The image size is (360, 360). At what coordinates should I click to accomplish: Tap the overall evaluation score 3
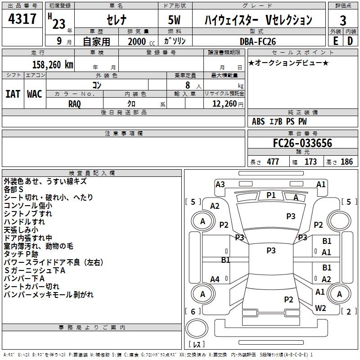click(343, 20)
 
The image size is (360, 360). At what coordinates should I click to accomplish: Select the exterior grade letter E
click(335, 41)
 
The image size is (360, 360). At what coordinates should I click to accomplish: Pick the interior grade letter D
click(350, 41)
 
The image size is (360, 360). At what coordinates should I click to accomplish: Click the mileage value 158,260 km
click(53, 64)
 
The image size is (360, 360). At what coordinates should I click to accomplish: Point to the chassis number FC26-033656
click(302, 143)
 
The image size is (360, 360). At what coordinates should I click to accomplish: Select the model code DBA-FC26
click(258, 41)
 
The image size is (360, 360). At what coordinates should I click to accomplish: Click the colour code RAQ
click(75, 103)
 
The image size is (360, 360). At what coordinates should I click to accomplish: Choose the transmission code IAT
click(13, 94)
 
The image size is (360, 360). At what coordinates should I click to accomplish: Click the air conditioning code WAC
click(35, 94)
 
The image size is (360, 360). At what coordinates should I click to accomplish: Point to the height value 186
click(346, 162)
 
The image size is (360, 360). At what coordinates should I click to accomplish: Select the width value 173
click(310, 162)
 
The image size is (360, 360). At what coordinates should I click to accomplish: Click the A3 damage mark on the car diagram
click(220, 184)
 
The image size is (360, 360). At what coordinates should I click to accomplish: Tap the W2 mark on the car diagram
click(320, 308)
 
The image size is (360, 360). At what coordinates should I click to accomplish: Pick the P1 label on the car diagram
click(271, 195)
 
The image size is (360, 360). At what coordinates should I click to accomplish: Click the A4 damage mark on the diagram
click(215, 279)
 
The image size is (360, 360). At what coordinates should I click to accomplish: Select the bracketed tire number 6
click(193, 311)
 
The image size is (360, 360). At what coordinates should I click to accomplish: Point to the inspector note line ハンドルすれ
click(24, 222)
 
